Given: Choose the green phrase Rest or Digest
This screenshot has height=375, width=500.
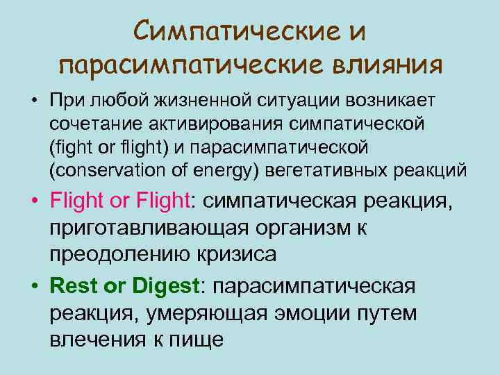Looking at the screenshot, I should tap(124, 287).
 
